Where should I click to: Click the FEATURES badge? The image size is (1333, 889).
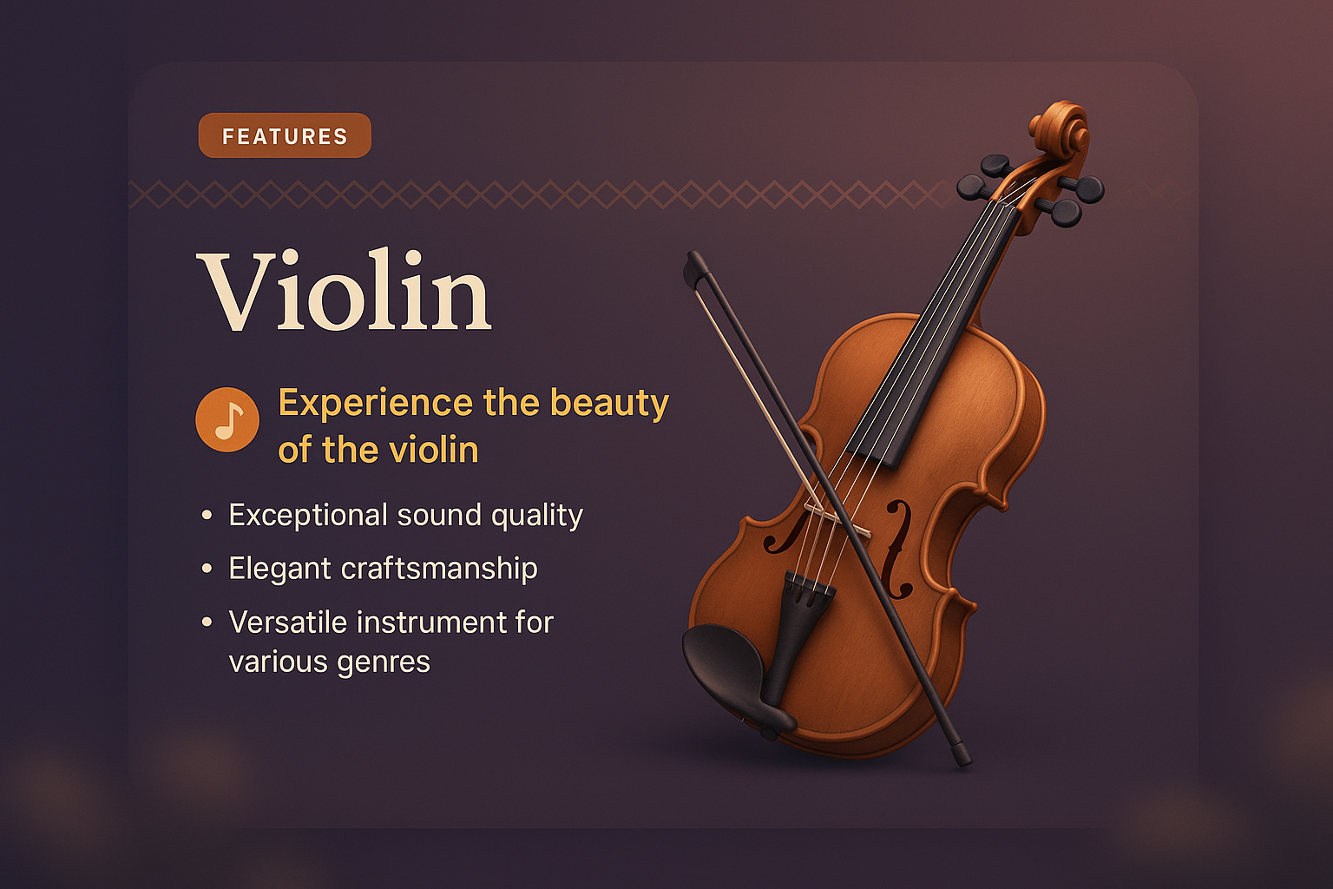[x=285, y=136]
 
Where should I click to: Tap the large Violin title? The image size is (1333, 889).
[x=345, y=292]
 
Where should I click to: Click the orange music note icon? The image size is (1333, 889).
[x=227, y=419]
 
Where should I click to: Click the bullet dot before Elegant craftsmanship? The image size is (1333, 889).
[x=207, y=570]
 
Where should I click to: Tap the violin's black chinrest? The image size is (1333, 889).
[x=729, y=668]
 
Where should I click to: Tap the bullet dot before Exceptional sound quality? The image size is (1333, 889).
[x=207, y=516]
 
